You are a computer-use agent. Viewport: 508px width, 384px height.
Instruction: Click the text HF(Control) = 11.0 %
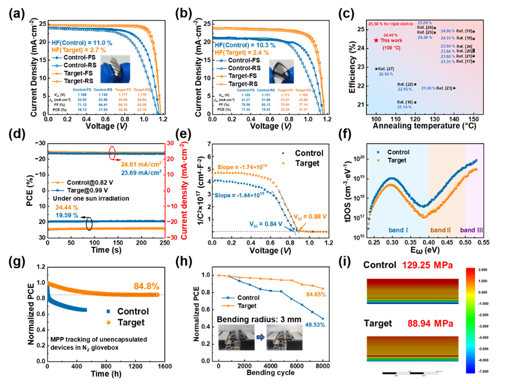click(x=80, y=44)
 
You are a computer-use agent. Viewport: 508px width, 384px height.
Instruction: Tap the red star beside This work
click(x=376, y=40)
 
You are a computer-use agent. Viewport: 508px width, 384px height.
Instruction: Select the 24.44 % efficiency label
click(x=67, y=208)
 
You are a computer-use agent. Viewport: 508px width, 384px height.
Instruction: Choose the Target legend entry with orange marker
click(x=395, y=160)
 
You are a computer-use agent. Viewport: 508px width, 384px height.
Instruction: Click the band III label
click(x=472, y=230)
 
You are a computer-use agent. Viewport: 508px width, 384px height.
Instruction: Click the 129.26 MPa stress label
click(x=428, y=266)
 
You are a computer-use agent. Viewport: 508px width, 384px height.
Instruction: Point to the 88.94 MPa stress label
click(x=428, y=323)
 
